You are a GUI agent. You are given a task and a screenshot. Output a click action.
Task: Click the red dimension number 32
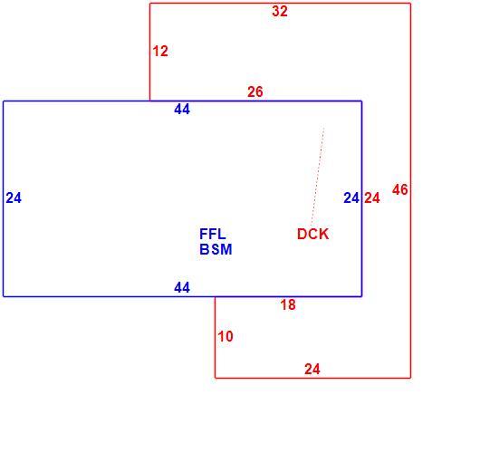[x=280, y=12]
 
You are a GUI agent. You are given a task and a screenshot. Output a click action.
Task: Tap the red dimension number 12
[x=160, y=51]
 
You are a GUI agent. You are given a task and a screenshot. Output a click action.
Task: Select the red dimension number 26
[x=255, y=92]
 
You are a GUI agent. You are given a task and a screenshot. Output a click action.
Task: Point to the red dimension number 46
[x=399, y=189]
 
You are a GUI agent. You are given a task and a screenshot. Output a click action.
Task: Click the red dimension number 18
[x=288, y=304]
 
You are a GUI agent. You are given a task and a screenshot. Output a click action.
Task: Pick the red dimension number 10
[x=226, y=336]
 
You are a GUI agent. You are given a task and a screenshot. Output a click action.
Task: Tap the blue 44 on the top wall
[x=182, y=109]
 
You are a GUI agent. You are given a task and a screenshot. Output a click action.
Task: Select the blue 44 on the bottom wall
[x=182, y=287]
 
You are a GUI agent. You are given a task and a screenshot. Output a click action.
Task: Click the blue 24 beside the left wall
[x=14, y=197]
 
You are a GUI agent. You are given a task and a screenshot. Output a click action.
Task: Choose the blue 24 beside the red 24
[x=351, y=197]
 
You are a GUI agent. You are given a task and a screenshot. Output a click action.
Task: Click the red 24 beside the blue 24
[x=372, y=197]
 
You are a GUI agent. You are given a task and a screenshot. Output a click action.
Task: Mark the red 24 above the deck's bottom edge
[x=312, y=369]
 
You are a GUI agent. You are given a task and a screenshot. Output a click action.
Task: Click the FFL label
[x=213, y=235]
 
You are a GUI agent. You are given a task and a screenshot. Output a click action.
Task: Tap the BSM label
[x=216, y=249]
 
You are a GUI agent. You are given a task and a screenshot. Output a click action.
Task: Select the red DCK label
[x=312, y=235]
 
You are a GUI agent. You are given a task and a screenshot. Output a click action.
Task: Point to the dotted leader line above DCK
[x=318, y=177]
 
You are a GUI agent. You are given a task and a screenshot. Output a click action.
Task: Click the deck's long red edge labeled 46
[x=410, y=191]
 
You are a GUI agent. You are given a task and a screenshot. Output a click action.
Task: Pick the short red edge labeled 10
[x=216, y=337]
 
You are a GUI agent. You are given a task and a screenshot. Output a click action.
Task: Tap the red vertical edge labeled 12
[x=150, y=52]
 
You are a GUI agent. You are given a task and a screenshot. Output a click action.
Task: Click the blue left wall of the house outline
[x=4, y=198]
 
